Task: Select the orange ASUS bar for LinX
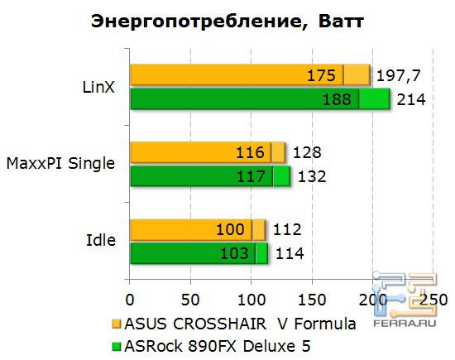(x=248, y=76)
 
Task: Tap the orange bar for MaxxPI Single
(x=207, y=152)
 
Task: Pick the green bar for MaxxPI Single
(x=209, y=175)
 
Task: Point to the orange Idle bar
(x=197, y=229)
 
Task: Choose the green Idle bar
(x=199, y=252)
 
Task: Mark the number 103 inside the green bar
(x=233, y=253)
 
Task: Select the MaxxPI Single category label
(x=60, y=163)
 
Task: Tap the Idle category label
(x=101, y=240)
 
